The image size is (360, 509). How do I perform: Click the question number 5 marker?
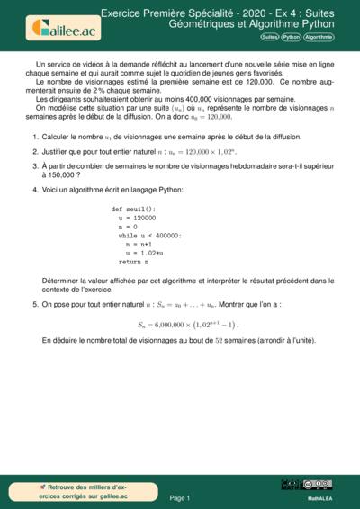(34, 305)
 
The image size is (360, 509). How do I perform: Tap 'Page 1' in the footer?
(180, 496)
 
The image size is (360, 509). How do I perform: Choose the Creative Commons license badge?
(319, 485)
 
